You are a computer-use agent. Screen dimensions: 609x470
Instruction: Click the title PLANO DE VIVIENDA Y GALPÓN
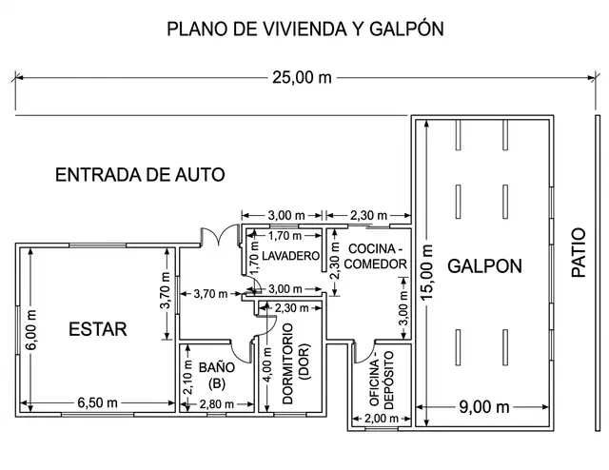tap(305, 29)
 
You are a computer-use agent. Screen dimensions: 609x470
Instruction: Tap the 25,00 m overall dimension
tap(302, 78)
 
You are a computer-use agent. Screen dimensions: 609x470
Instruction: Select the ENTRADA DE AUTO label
tap(140, 175)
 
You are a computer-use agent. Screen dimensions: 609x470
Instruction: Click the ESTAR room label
tap(98, 329)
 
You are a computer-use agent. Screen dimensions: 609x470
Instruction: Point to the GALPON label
tap(484, 266)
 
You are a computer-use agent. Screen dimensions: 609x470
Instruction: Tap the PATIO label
tap(579, 252)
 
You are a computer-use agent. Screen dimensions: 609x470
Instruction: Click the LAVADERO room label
tap(290, 256)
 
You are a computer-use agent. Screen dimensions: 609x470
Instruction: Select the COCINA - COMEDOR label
tap(376, 256)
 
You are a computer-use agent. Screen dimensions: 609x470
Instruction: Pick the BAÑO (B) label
tap(217, 375)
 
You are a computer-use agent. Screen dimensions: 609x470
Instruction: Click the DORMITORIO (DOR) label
tap(295, 364)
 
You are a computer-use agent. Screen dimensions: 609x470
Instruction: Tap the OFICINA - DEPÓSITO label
tap(382, 379)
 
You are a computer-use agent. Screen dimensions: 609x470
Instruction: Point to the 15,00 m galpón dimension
tap(427, 272)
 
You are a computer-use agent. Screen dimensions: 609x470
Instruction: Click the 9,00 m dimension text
tap(484, 407)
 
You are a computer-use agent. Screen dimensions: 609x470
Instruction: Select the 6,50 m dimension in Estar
tap(97, 402)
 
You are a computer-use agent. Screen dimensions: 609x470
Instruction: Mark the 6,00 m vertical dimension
tap(31, 330)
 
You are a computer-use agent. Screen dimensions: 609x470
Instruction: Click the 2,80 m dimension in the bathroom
tap(217, 404)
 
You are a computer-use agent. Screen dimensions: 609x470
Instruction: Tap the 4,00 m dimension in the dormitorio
tap(267, 364)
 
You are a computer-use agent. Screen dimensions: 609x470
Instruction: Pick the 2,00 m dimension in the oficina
tap(382, 419)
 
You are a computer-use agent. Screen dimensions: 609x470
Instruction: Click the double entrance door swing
tap(219, 235)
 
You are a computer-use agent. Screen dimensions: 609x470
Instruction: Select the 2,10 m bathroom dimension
tap(188, 377)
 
